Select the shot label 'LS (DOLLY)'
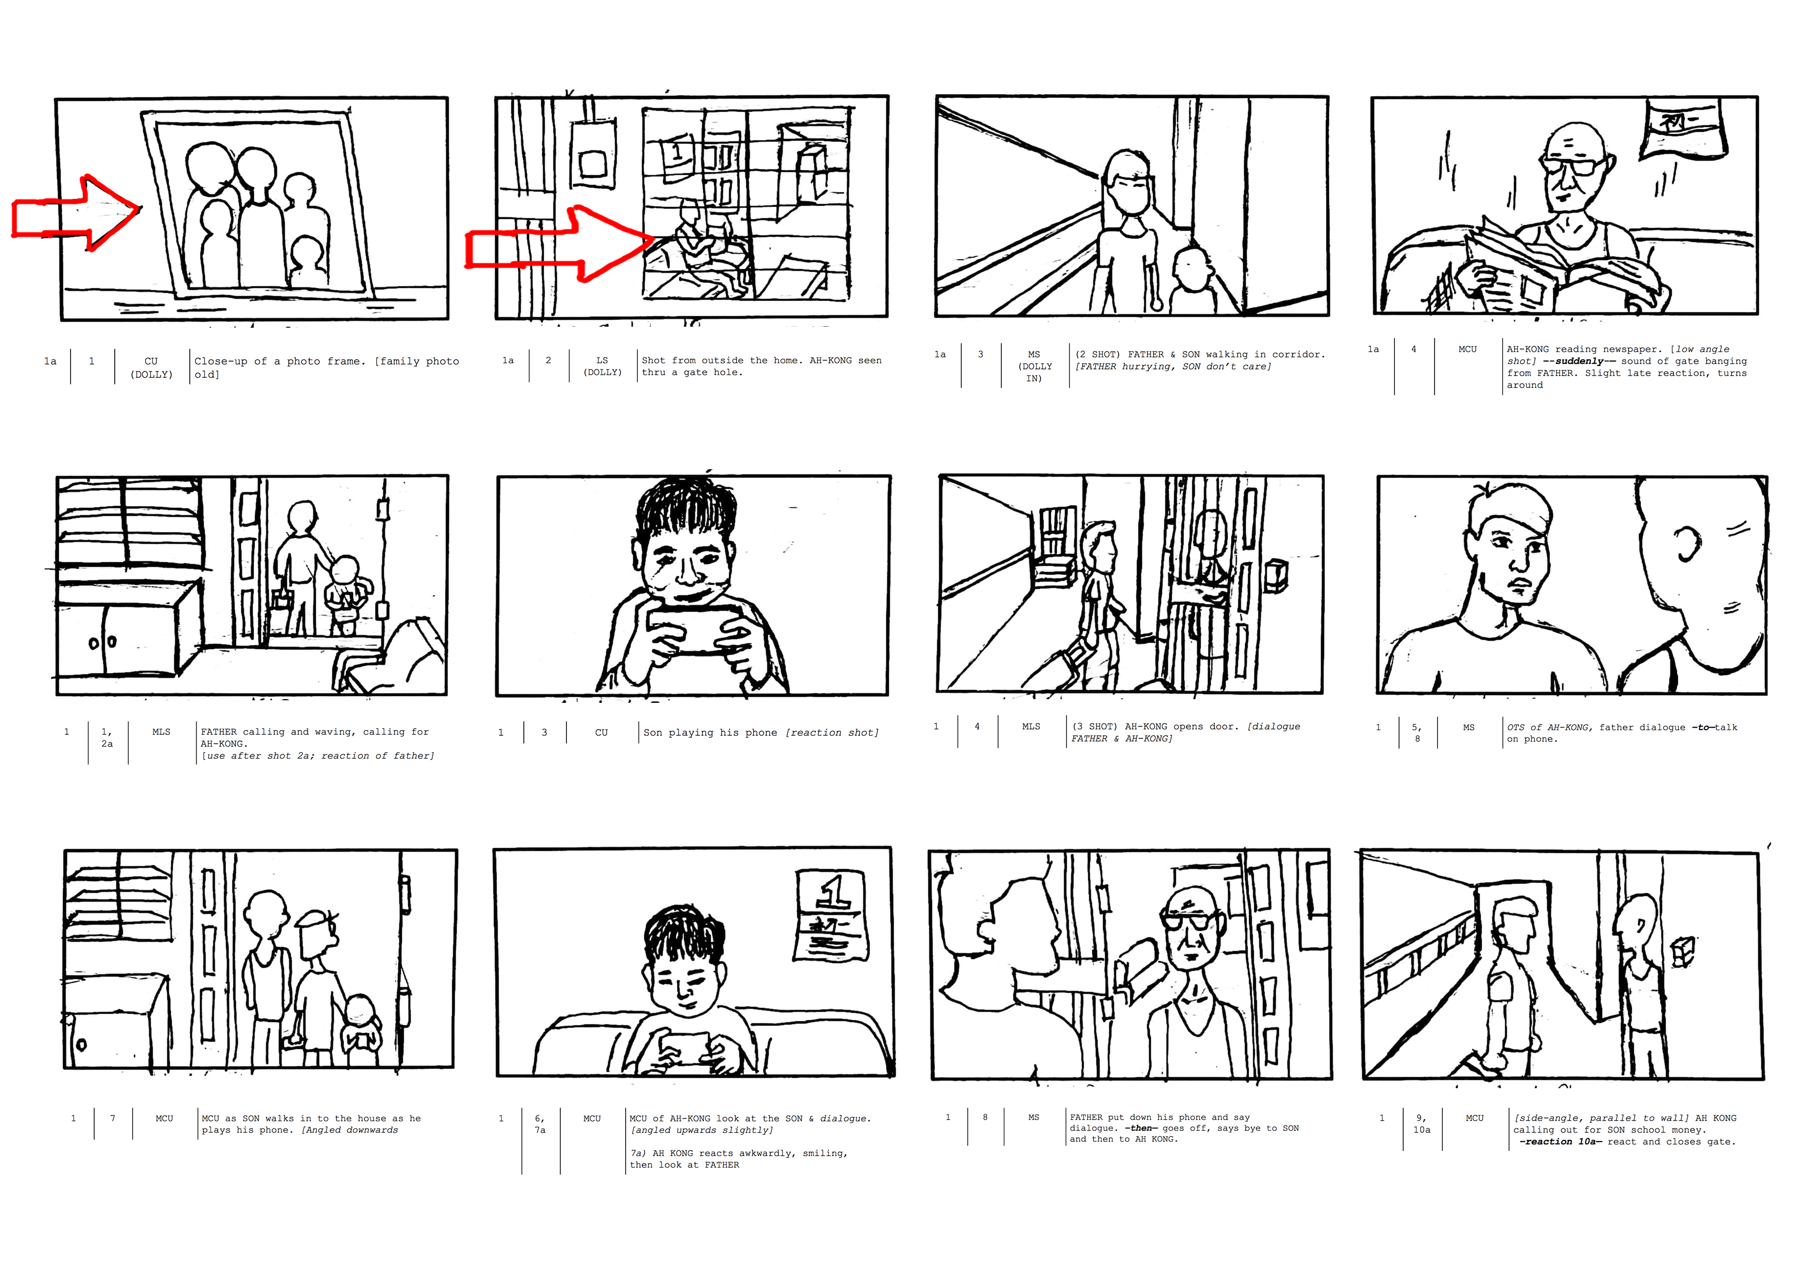coord(602,366)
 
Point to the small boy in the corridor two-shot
coord(1192,281)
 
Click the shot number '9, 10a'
coord(1421,1124)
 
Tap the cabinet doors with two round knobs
coord(118,641)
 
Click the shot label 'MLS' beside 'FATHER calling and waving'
coord(161,732)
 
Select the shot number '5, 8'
coord(1417,733)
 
